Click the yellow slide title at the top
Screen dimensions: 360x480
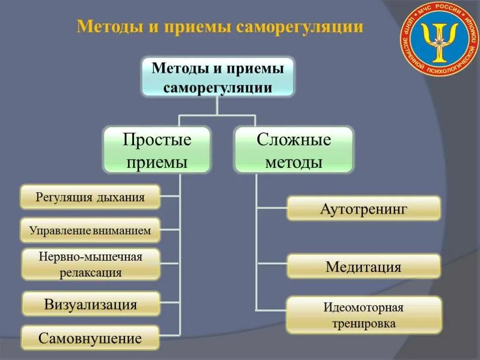(x=220, y=26)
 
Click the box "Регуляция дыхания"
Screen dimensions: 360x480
(x=90, y=197)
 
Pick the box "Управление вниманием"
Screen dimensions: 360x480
(x=90, y=230)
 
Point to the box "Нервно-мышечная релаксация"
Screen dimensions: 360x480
(x=90, y=264)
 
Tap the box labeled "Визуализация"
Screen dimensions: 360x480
(x=90, y=304)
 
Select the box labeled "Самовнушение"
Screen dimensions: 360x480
(x=90, y=338)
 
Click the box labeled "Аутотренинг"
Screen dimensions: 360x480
(x=363, y=209)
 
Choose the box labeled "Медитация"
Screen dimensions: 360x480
(x=363, y=267)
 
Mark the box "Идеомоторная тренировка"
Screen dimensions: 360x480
(x=363, y=315)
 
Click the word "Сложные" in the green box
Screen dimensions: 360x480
(x=294, y=140)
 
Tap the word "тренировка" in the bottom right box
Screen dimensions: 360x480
(x=363, y=323)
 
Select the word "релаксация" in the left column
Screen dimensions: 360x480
(x=90, y=273)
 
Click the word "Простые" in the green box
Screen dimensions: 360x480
(x=157, y=140)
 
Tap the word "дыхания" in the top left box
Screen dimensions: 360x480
(x=121, y=197)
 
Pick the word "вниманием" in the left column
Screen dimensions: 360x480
(x=125, y=230)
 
